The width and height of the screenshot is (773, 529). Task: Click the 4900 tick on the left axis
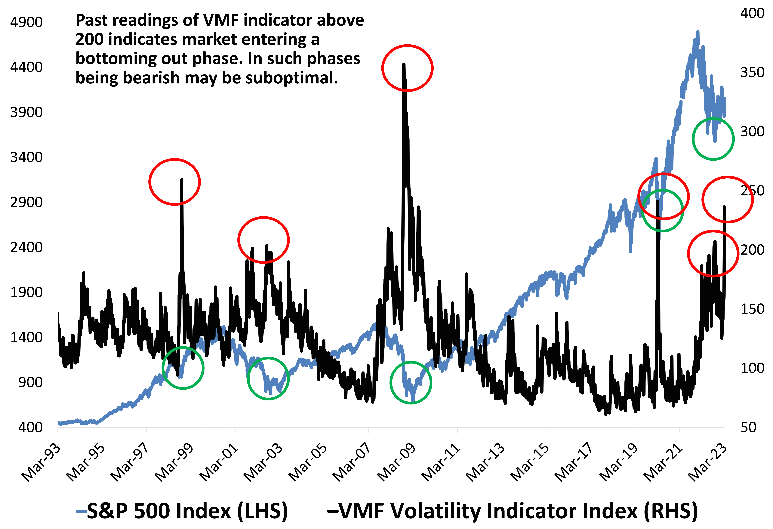[26, 22]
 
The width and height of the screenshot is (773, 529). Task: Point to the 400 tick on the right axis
[752, 13]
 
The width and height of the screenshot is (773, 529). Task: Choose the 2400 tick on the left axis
[26, 248]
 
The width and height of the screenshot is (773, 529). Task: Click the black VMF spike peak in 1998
[182, 180]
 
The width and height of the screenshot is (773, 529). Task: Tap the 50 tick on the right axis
[748, 427]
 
